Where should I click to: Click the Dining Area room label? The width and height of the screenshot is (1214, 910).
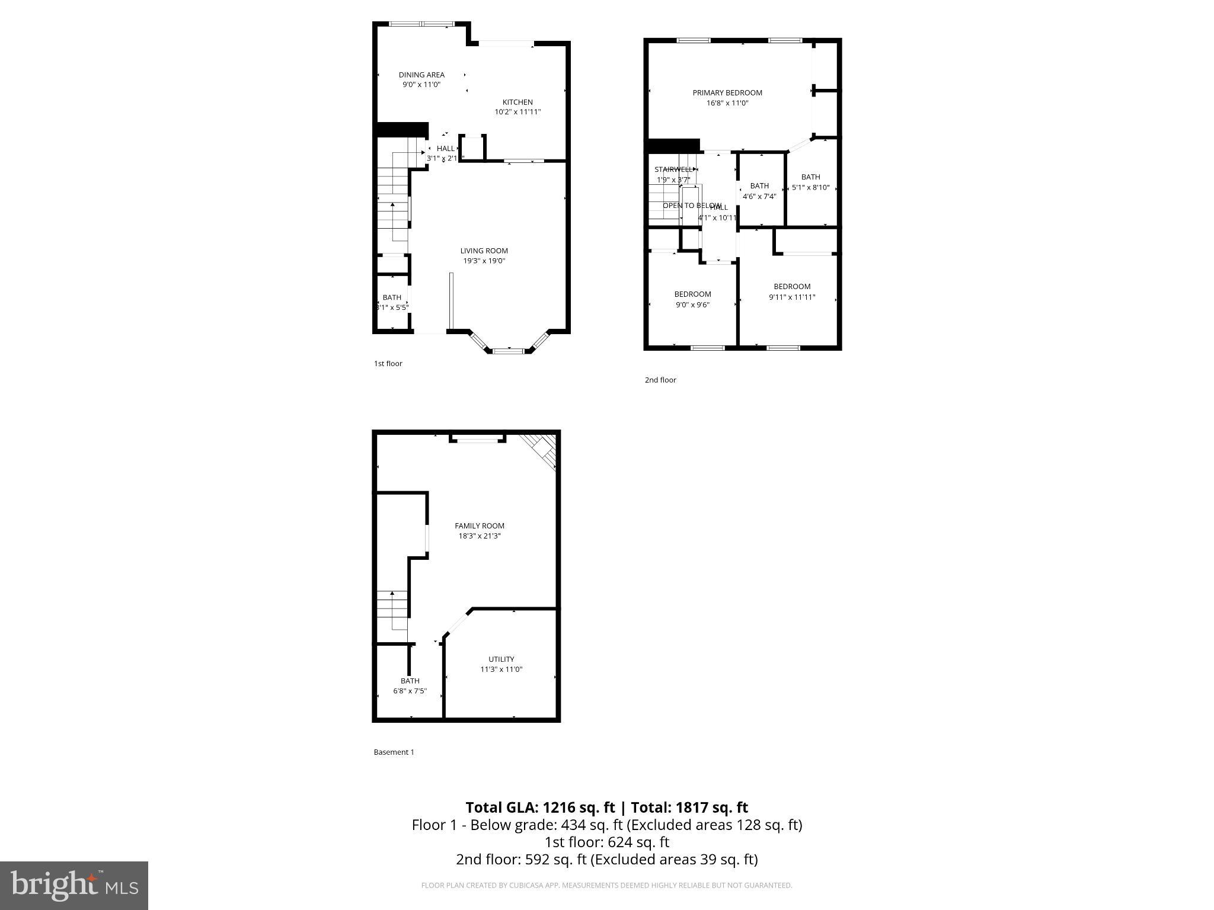tap(421, 75)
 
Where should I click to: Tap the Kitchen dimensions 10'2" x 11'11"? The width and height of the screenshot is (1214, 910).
tap(517, 112)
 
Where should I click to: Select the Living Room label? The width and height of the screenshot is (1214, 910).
tap(484, 251)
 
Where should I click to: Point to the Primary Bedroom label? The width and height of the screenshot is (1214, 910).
tap(727, 92)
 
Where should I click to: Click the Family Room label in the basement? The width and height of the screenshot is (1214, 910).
tap(480, 526)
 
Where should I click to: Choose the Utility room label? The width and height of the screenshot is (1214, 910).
tap(501, 659)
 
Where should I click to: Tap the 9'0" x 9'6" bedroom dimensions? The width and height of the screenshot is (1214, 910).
tap(692, 305)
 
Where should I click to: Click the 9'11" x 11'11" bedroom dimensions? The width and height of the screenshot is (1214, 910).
tap(792, 297)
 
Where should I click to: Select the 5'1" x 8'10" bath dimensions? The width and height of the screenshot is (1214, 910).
tap(810, 188)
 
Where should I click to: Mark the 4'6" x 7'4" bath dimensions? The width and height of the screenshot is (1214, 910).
tap(759, 197)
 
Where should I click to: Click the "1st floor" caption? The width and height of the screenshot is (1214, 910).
tap(388, 364)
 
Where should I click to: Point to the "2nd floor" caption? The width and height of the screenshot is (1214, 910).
tap(660, 380)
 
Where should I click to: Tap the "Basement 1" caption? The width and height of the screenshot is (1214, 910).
tap(394, 752)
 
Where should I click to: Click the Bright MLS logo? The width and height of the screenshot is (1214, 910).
tap(74, 886)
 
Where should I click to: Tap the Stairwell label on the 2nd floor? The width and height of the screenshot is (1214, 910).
tap(673, 169)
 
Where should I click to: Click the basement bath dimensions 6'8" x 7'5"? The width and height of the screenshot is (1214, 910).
tap(410, 691)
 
